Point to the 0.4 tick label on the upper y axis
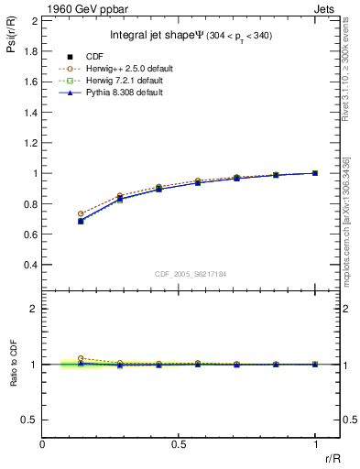click(30, 265)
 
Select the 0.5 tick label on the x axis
click(179, 443)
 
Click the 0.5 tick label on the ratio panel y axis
click(30, 420)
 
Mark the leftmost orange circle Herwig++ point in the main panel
click(81, 213)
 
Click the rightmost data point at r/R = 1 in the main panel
click(315, 172)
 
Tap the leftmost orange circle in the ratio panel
click(81, 358)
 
